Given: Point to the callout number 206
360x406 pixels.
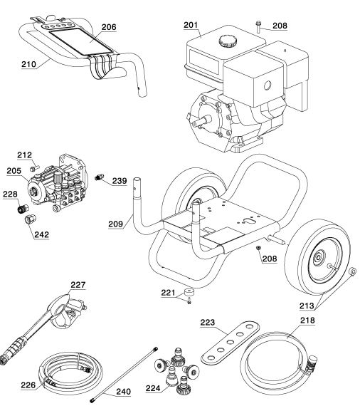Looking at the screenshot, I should (x=108, y=26).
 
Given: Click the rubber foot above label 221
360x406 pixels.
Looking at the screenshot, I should (x=189, y=293).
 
